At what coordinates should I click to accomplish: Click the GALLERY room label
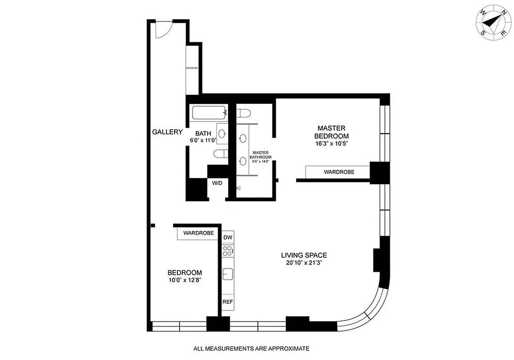coord(167,132)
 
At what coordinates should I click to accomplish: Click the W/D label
coord(217,183)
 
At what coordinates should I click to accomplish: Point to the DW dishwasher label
coord(228,237)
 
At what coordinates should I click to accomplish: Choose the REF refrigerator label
coord(228,301)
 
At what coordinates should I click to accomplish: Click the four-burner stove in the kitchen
coord(228,251)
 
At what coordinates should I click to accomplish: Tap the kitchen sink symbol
coord(228,274)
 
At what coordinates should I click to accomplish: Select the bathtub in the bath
coord(208,112)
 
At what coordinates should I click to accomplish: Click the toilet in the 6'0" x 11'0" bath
coord(220,154)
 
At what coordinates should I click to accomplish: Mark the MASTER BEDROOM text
coord(331,132)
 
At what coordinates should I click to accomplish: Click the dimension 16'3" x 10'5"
coord(331,144)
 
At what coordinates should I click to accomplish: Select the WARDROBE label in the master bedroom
coord(339,172)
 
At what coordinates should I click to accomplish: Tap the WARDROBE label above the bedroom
coord(198,233)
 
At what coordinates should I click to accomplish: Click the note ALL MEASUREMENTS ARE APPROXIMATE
coord(251,348)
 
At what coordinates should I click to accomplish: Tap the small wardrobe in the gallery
coord(192,68)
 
